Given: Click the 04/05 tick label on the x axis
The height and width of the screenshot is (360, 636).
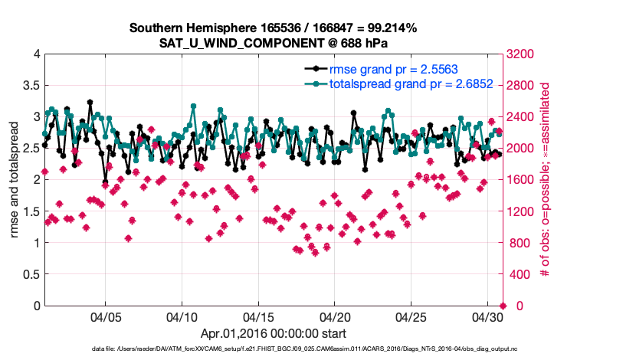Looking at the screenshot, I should pyautogui.click(x=106, y=316).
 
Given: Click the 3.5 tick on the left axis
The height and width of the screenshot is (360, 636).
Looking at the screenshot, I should pyautogui.click(x=31, y=85).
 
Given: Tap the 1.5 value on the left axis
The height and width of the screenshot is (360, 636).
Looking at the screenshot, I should pyautogui.click(x=31, y=211).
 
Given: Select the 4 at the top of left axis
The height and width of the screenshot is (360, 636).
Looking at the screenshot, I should pyautogui.click(x=36, y=54).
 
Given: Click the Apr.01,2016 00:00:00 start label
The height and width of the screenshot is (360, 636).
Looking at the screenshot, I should pyautogui.click(x=273, y=333).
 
